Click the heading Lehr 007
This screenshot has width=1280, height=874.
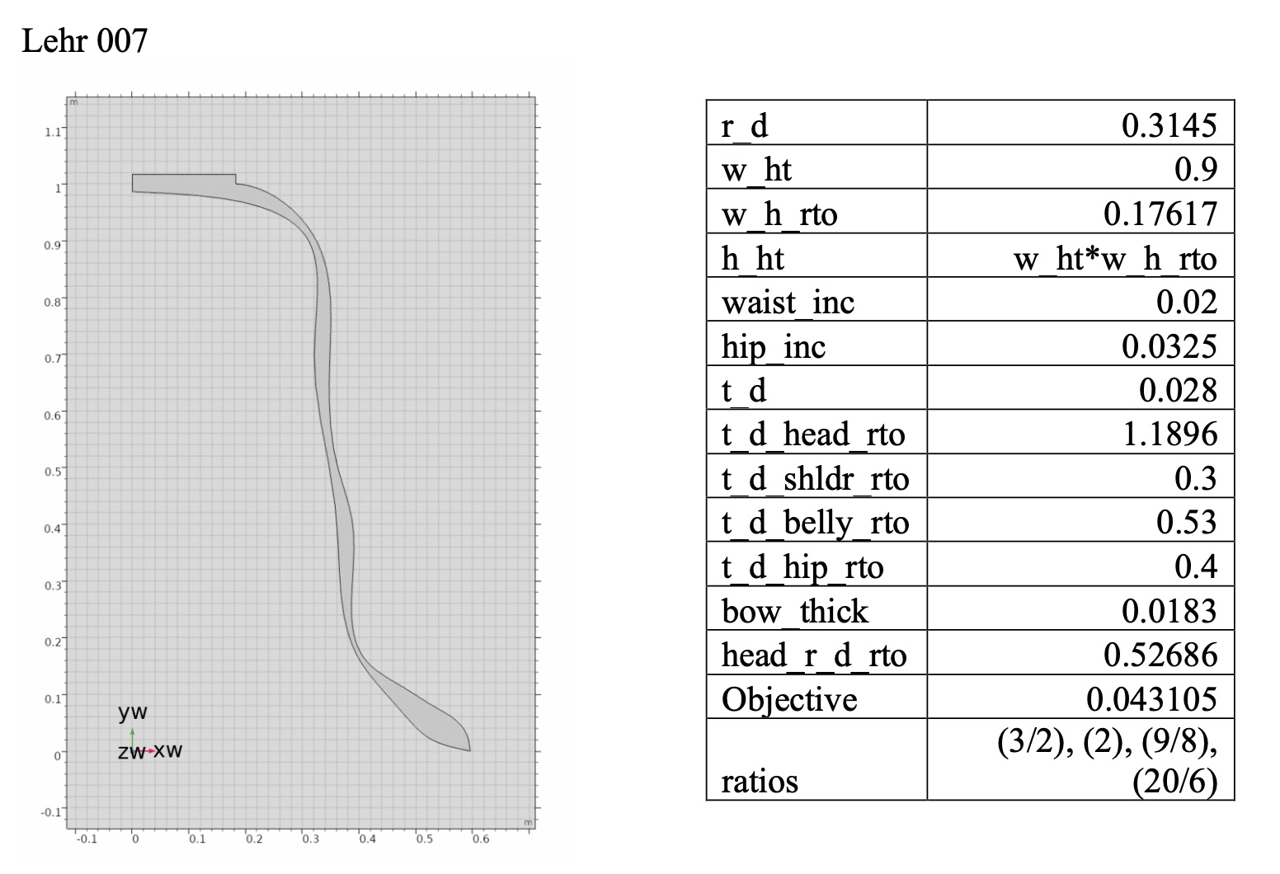click(x=85, y=40)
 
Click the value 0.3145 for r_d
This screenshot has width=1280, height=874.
click(x=1169, y=125)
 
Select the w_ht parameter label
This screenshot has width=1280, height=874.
click(x=756, y=170)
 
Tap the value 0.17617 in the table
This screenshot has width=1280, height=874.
click(x=1160, y=214)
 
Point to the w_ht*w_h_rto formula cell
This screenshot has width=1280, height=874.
click(x=1114, y=259)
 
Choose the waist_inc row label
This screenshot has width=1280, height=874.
click(x=788, y=303)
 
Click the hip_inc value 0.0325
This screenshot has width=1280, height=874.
click(x=1169, y=346)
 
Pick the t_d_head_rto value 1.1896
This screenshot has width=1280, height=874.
click(x=1169, y=435)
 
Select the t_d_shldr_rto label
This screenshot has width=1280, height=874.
click(x=814, y=479)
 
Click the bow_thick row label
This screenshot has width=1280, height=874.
click(x=794, y=611)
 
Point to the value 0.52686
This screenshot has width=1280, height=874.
click(x=1160, y=655)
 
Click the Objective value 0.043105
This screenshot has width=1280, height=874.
click(x=1151, y=699)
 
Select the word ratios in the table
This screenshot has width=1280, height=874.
click(x=760, y=780)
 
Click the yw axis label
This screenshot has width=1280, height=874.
click(x=133, y=712)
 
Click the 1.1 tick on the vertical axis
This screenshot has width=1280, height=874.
click(x=53, y=131)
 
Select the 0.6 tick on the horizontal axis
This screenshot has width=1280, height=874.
click(x=479, y=839)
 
